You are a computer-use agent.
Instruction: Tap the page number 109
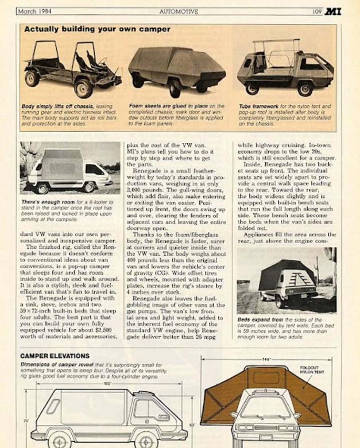(x=316, y=11)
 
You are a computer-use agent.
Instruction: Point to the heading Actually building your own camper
(x=97, y=29)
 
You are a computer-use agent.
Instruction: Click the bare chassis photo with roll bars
(x=71, y=68)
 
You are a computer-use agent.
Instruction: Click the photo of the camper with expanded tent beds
(x=286, y=281)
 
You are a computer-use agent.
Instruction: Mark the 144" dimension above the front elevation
(x=266, y=359)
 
